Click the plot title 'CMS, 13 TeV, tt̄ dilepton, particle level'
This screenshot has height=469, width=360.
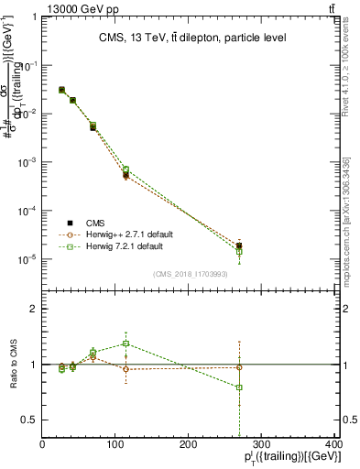(192, 38)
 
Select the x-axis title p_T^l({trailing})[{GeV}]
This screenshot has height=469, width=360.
(285, 458)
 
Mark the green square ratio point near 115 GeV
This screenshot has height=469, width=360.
(125, 344)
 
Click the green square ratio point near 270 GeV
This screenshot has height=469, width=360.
(239, 387)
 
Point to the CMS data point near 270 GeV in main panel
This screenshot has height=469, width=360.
(239, 245)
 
